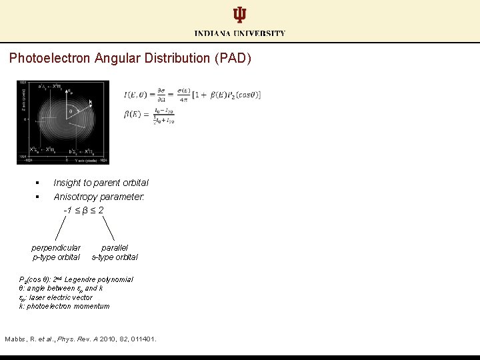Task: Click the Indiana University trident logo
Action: click(x=239, y=15)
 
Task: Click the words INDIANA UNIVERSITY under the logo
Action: click(x=240, y=33)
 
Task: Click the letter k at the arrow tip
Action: click(x=91, y=102)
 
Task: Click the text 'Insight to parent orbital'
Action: click(x=101, y=183)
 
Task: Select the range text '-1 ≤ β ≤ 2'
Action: click(x=83, y=210)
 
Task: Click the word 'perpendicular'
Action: click(x=56, y=247)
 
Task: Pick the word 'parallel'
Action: click(x=115, y=247)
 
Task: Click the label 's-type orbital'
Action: click(x=115, y=257)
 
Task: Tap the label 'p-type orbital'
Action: click(x=56, y=257)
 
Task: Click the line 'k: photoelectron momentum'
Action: click(x=64, y=307)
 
